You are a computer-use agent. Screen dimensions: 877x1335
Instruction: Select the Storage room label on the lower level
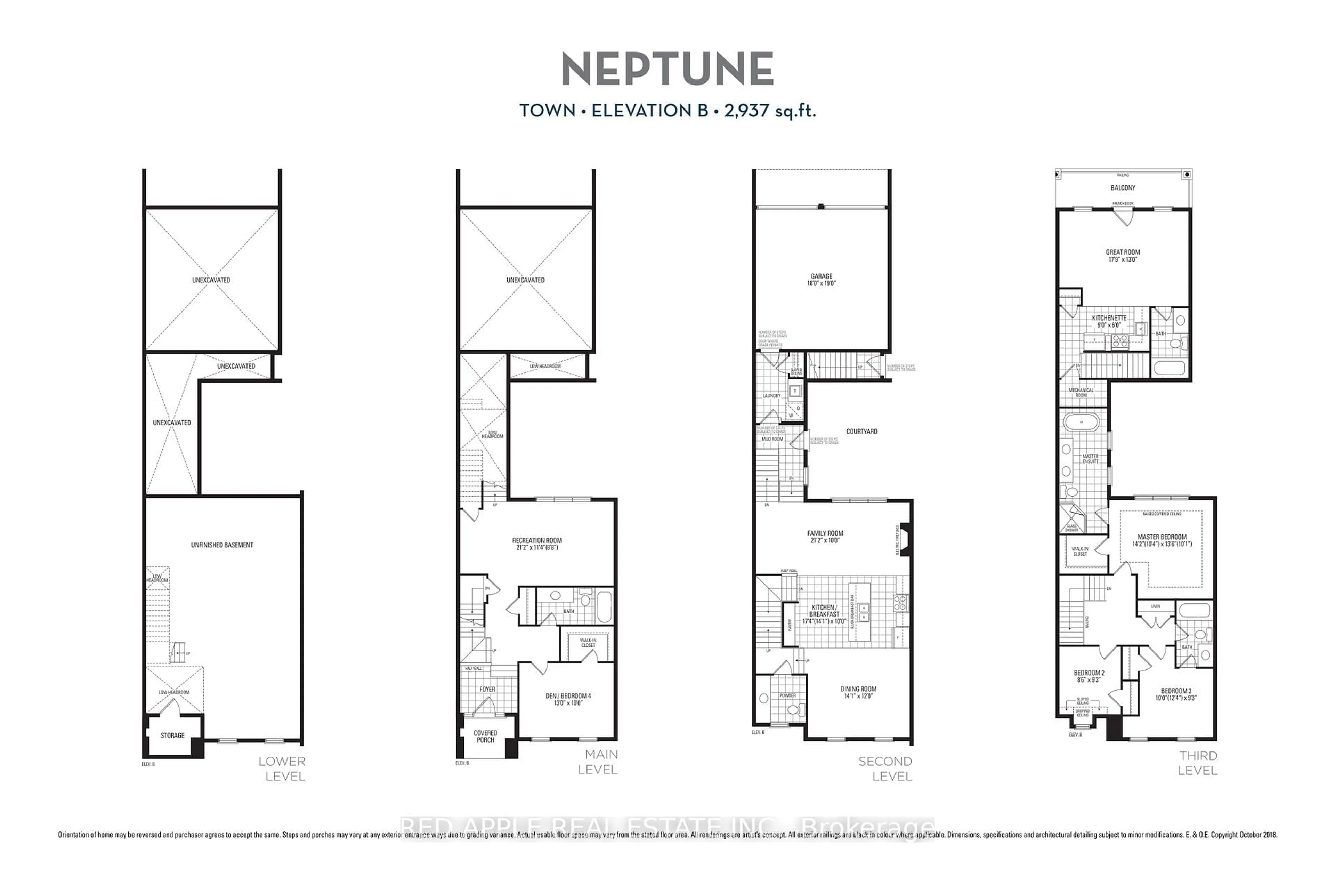[172, 735]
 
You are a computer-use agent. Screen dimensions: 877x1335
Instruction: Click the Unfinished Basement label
[222, 545]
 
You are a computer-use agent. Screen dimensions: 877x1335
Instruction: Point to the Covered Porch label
[485, 736]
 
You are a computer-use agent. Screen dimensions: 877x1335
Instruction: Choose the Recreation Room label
[537, 540]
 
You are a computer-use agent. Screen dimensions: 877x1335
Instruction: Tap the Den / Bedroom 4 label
[568, 696]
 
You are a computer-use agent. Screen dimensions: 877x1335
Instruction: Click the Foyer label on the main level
[487, 689]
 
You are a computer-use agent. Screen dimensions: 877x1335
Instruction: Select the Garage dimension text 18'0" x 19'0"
[821, 284]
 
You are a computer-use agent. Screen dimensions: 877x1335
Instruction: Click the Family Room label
[825, 533]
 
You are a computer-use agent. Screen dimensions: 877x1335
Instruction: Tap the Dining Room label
[858, 689]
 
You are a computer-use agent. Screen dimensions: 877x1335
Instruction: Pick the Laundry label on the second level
[771, 396]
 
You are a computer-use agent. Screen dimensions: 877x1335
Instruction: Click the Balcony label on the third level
[1123, 188]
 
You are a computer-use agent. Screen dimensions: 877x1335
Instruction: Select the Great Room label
[1123, 252]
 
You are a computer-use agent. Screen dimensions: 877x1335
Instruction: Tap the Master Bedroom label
[1162, 537]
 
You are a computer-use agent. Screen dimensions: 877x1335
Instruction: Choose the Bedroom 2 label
[1089, 673]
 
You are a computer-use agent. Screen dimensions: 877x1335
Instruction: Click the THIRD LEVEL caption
[1198, 763]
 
